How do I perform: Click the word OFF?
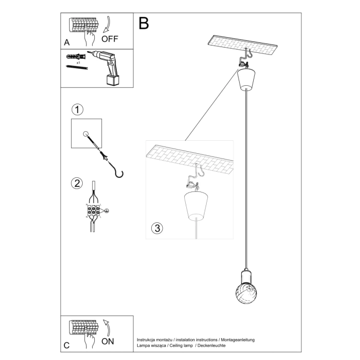tap(110, 39)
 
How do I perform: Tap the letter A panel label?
tap(66, 42)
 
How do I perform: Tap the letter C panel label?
tap(66, 345)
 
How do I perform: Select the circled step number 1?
tap(77, 109)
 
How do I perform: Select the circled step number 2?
tap(77, 183)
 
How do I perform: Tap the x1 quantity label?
tap(78, 62)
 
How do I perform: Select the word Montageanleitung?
tap(237, 340)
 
